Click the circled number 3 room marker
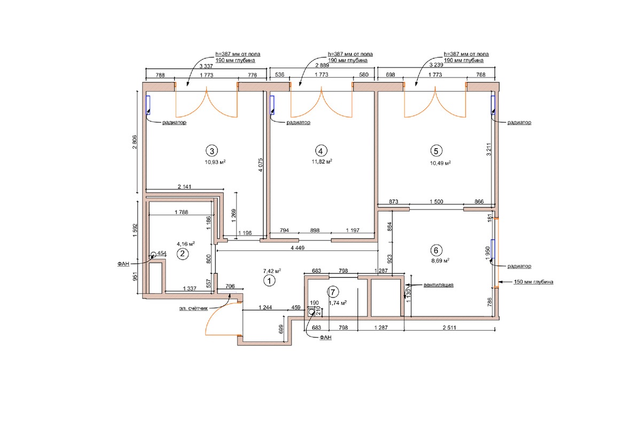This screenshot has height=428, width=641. coord(212,150)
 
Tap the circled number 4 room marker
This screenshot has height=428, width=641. coord(321,151)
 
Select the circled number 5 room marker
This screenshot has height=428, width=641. coord(436,151)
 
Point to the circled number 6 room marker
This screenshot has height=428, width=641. coord(436,250)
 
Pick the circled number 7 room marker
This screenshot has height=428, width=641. coord(333,292)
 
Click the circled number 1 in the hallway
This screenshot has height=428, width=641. coord(269,281)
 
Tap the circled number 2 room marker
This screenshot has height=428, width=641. coord(183,254)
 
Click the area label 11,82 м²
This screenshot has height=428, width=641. coord(322,162)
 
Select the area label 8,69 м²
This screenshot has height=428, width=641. coord(440,261)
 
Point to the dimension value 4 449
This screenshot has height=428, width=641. coord(298,248)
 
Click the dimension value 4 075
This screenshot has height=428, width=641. coord(260,165)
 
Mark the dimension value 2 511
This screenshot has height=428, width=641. coord(449,327)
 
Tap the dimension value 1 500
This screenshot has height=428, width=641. coord(436,202)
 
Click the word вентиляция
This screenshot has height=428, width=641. coord(439,285)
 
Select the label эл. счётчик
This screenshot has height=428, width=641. coord(193,309)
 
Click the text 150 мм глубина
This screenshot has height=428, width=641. coord(534,282)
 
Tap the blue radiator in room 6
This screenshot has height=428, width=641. coord(493,249)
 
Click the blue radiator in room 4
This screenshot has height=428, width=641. coord(272,105)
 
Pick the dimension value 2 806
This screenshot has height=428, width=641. coord(135,142)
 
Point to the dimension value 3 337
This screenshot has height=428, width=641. coord(206,66)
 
